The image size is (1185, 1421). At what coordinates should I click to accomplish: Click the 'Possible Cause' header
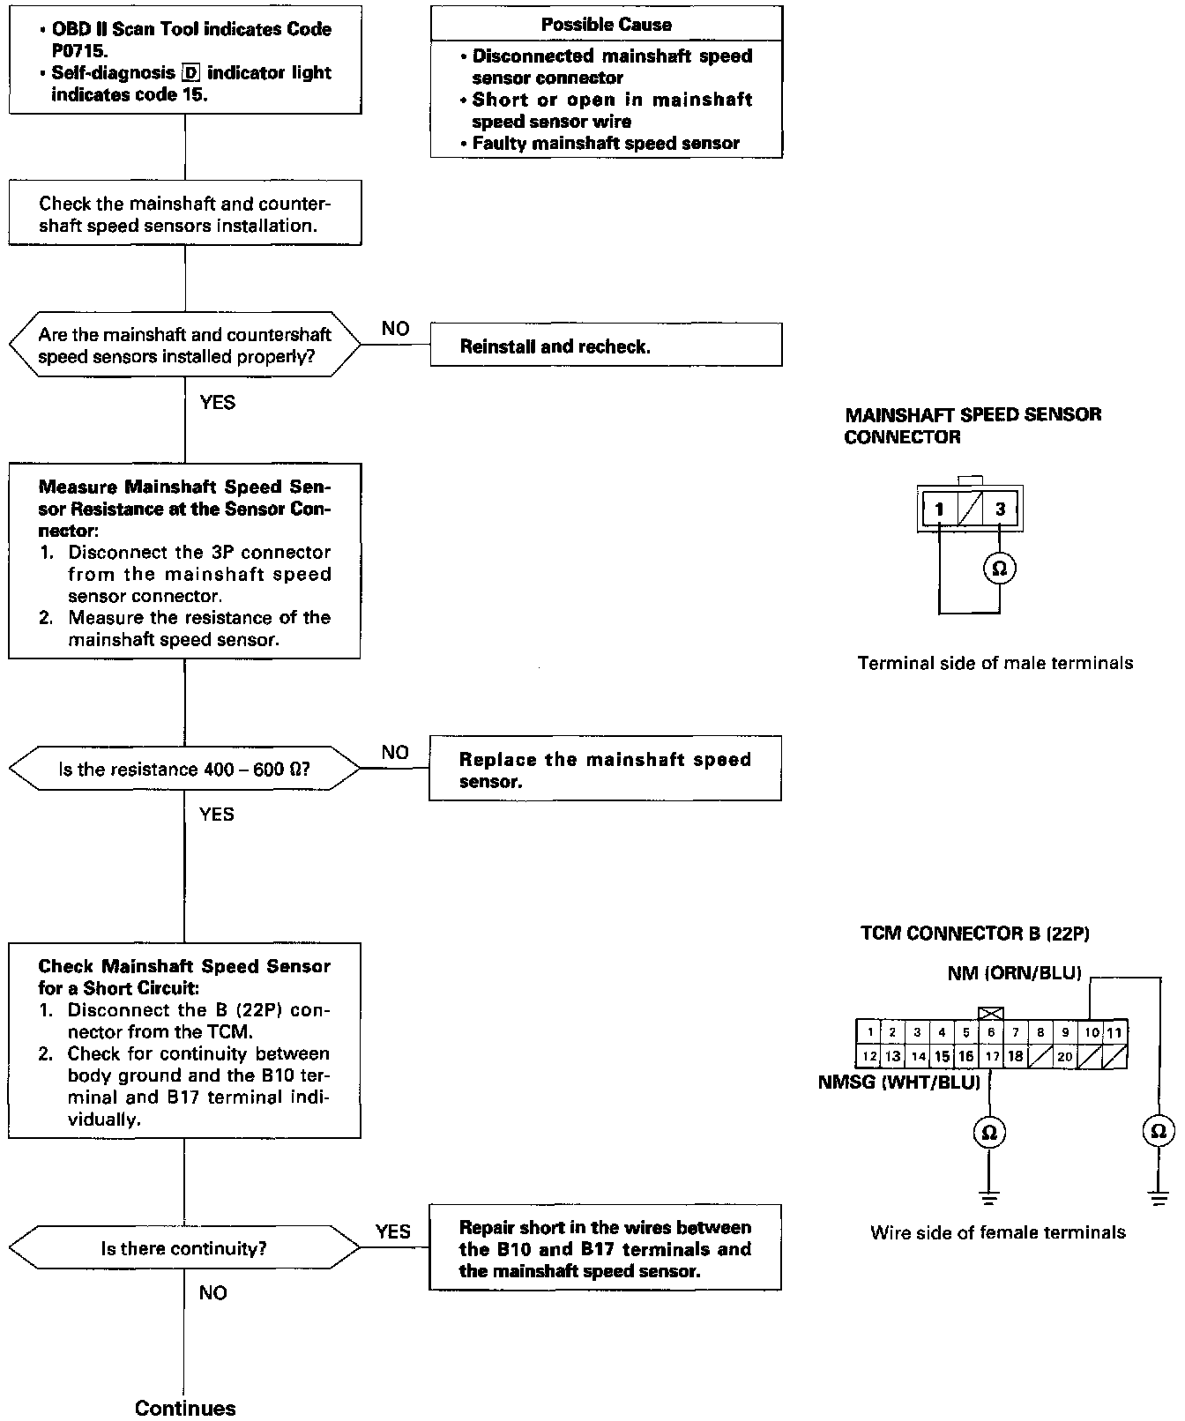click(606, 25)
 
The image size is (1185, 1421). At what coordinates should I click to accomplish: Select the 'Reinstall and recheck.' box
click(606, 346)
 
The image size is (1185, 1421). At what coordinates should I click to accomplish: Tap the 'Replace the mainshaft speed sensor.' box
click(605, 770)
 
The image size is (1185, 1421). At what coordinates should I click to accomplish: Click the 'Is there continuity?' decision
click(184, 1248)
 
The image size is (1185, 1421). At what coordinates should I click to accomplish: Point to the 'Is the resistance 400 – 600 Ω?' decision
click(184, 770)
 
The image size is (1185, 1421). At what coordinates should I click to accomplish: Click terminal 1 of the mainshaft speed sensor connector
click(940, 509)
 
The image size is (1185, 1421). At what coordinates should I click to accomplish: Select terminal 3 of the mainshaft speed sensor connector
click(1000, 509)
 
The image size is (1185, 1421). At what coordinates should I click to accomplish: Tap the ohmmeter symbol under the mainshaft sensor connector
click(1000, 569)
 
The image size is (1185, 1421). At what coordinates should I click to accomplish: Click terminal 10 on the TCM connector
click(1092, 1032)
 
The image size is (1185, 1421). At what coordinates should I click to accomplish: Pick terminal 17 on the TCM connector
click(992, 1056)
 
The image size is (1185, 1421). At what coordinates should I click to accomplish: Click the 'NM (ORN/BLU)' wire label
click(1014, 974)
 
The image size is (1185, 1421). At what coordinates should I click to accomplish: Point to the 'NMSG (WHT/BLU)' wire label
click(899, 1082)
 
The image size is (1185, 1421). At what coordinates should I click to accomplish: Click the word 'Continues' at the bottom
click(185, 1408)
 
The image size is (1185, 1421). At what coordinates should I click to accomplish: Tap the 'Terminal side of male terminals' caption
click(995, 663)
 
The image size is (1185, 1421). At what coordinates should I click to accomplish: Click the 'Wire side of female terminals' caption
click(998, 1232)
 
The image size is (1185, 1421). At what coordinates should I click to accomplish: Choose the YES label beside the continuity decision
click(392, 1231)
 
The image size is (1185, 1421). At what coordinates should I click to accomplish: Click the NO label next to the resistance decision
click(395, 752)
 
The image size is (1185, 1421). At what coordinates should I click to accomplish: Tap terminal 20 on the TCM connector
click(1065, 1056)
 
